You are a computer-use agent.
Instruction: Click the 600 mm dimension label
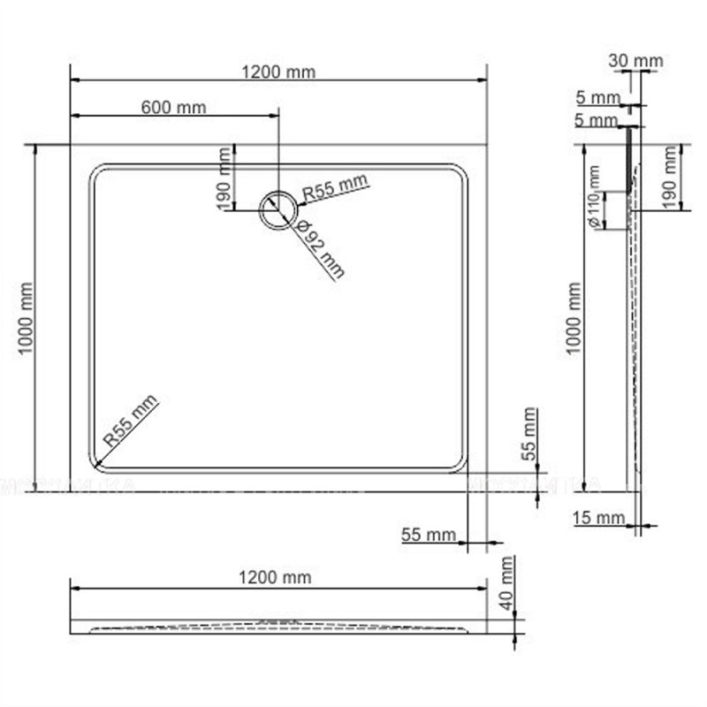173,108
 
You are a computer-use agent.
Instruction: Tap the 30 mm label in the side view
635,61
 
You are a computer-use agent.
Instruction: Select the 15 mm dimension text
598,518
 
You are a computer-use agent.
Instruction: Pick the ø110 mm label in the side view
594,209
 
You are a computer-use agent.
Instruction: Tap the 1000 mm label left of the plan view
26,319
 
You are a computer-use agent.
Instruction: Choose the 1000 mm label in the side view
575,319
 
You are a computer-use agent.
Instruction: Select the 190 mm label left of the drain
224,178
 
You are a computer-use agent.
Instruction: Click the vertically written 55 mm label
528,433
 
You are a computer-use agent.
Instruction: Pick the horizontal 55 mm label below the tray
428,535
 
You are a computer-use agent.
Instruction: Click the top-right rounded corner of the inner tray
457,172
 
